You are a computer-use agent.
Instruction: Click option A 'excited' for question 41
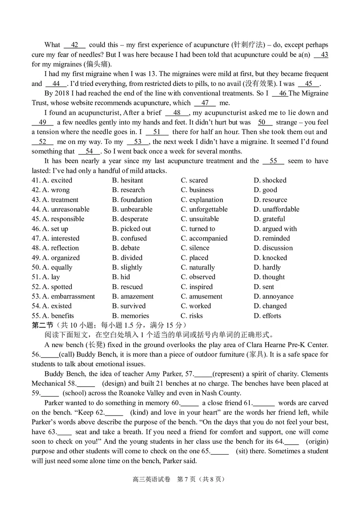point(57,180)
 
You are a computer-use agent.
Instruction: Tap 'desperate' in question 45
point(130,219)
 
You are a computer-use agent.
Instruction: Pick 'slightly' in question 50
point(127,268)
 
